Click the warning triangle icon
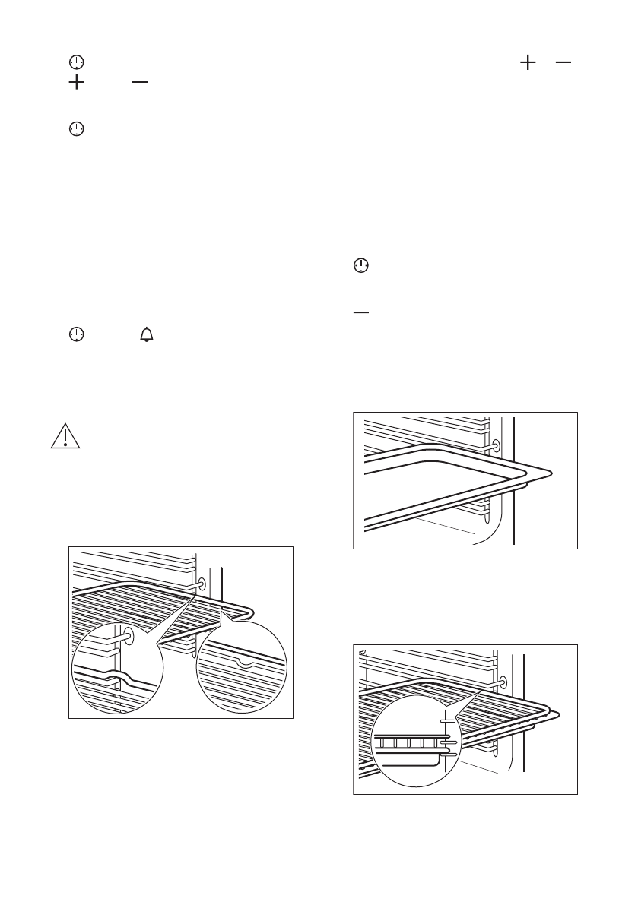point(65,436)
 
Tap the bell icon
point(146,334)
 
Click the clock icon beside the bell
point(75,334)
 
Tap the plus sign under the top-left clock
point(75,83)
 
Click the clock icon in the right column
point(361,265)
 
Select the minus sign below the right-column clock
point(361,312)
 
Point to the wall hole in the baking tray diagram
point(496,445)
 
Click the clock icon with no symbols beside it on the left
point(75,129)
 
